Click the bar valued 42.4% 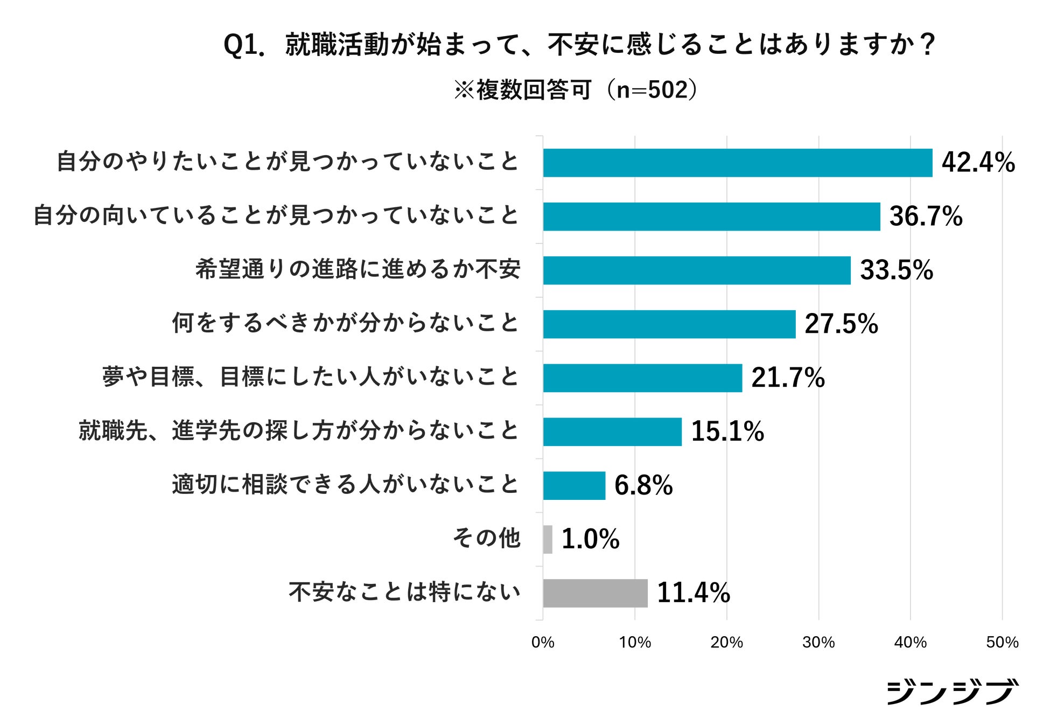tap(738, 163)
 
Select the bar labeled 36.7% tap(712, 217)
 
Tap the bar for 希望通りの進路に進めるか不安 tap(697, 270)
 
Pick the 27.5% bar tap(669, 324)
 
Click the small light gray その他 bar tap(548, 539)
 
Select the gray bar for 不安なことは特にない tap(596, 593)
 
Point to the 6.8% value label tap(643, 485)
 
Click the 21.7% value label tap(788, 378)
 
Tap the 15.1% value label tap(727, 431)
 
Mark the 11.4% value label tap(694, 593)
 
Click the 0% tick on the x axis tap(543, 642)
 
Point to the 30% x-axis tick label tap(818, 642)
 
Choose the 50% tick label tap(1002, 642)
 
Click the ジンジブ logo tap(952, 692)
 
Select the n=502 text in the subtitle tap(652, 90)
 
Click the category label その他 tap(486, 538)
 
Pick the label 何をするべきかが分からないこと tap(346, 323)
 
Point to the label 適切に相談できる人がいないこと tap(346, 485)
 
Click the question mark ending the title tap(927, 45)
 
